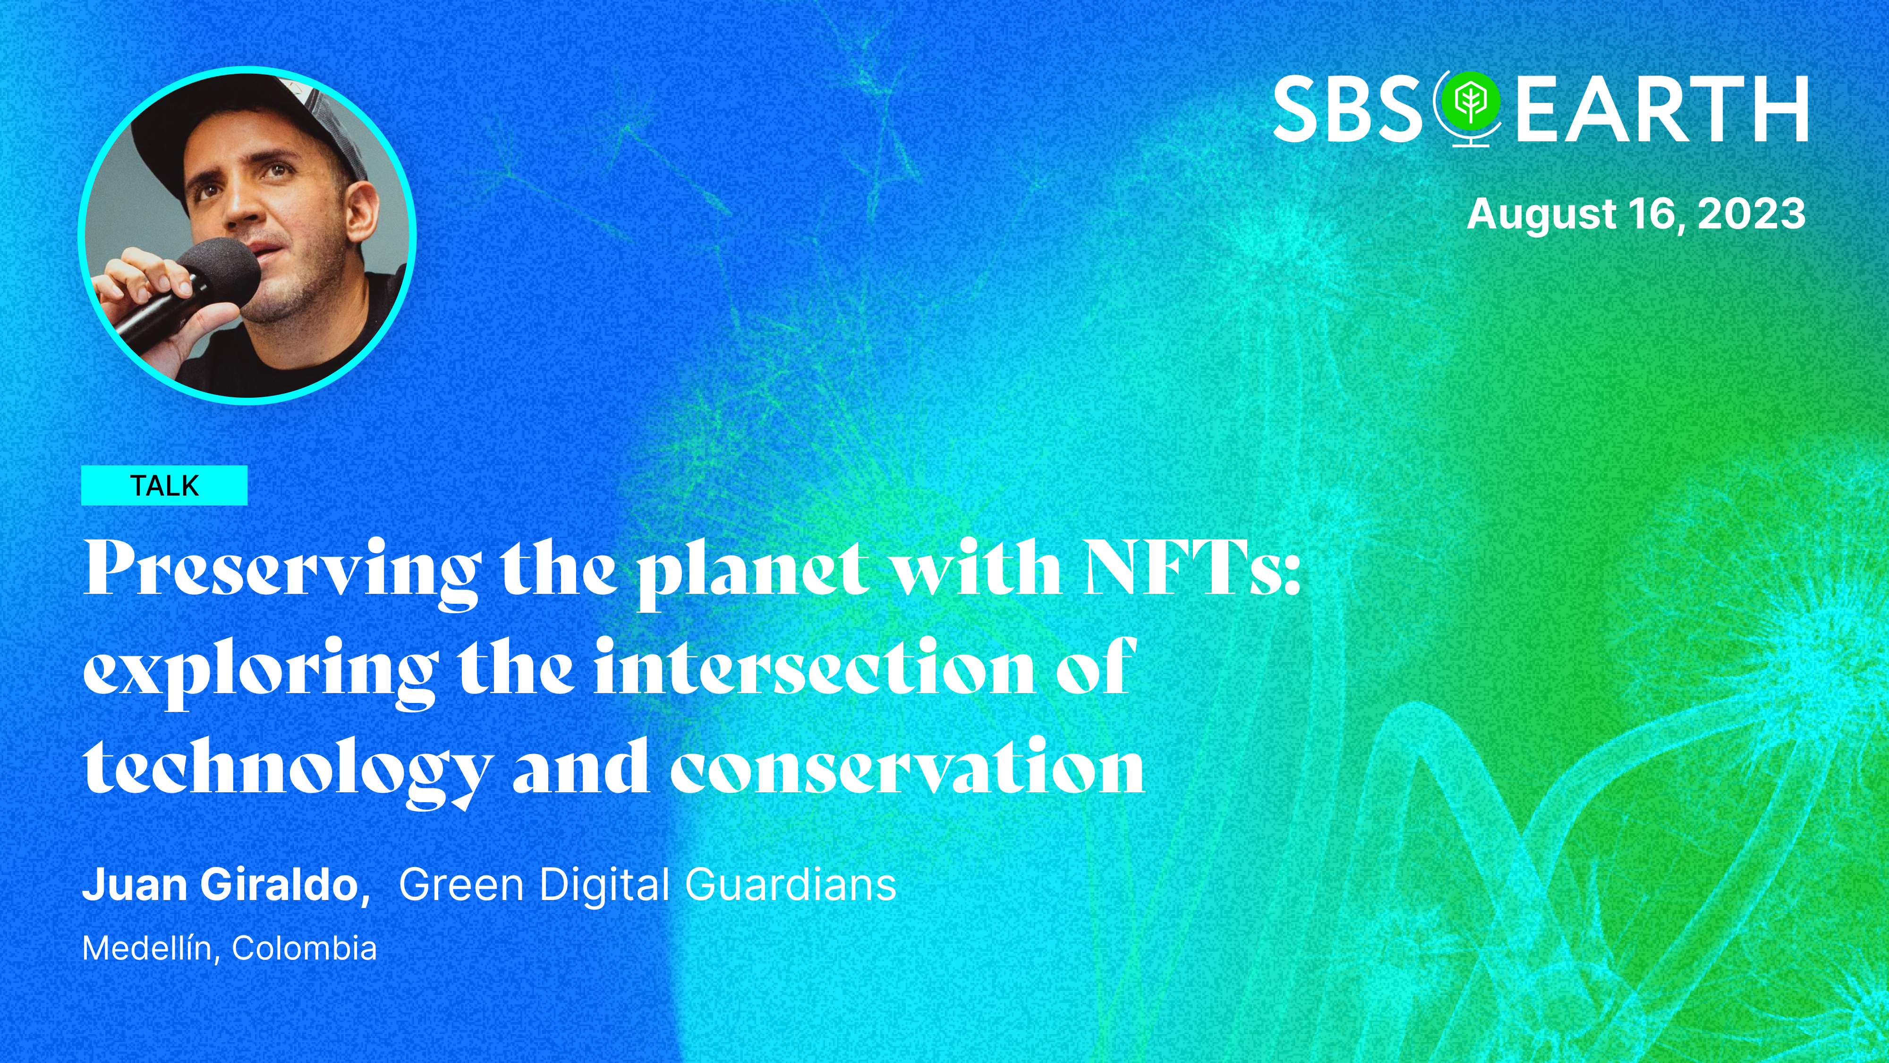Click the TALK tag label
(164, 486)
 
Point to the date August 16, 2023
(1636, 214)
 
